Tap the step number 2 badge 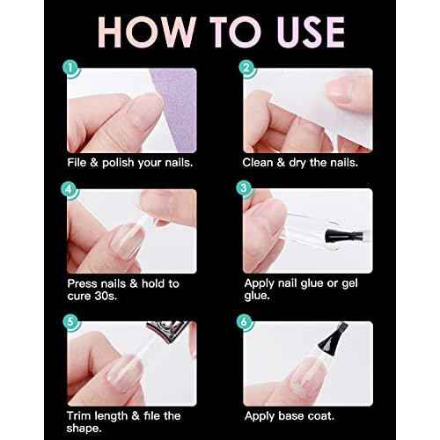point(247,67)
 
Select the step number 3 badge point(247,188)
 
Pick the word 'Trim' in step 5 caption point(81,415)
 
